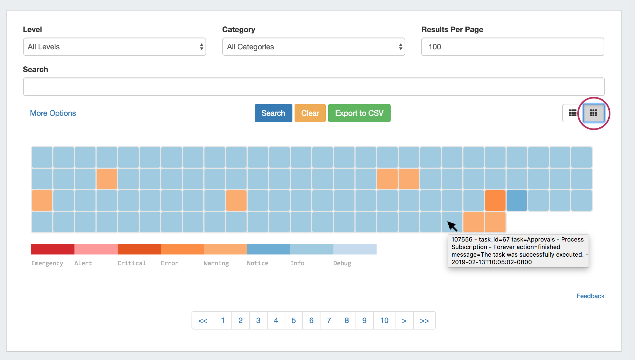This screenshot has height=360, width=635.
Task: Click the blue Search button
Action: [x=273, y=113]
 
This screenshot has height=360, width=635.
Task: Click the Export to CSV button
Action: [x=359, y=113]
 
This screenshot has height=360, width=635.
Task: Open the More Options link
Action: [x=53, y=113]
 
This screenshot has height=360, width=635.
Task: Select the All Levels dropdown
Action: [x=114, y=47]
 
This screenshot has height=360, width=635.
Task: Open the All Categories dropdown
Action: [x=313, y=47]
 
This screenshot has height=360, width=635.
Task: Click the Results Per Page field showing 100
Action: [x=513, y=47]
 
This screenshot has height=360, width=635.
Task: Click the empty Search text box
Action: [x=314, y=87]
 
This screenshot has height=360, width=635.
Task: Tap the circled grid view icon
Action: [x=593, y=113]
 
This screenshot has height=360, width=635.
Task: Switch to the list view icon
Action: [x=572, y=113]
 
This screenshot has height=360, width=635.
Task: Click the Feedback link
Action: [x=590, y=296]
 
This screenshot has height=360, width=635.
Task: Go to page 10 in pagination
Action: [x=384, y=320]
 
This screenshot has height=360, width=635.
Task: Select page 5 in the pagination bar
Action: [x=293, y=320]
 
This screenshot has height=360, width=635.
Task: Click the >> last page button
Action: [x=424, y=320]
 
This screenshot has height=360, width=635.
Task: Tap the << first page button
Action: [x=203, y=320]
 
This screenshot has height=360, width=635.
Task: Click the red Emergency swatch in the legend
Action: [x=53, y=249]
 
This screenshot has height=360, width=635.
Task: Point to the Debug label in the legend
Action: [x=342, y=263]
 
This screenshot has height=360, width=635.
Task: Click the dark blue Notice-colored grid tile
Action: [x=517, y=201]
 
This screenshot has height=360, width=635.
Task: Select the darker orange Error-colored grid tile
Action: [x=495, y=201]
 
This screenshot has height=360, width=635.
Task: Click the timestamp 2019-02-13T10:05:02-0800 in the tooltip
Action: [x=491, y=262]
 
